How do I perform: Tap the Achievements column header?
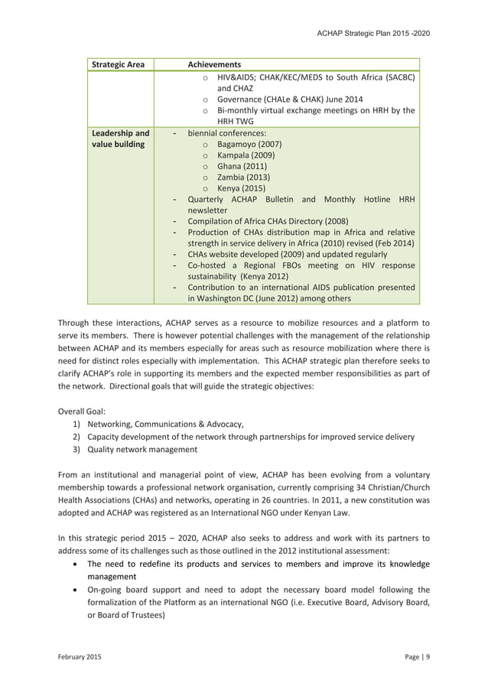tap(214, 65)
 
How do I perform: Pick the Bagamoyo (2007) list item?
tap(249, 144)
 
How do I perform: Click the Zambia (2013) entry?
tap(243, 177)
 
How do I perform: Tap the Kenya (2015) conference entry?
tap(241, 188)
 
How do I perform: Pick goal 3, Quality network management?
tap(142, 450)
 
